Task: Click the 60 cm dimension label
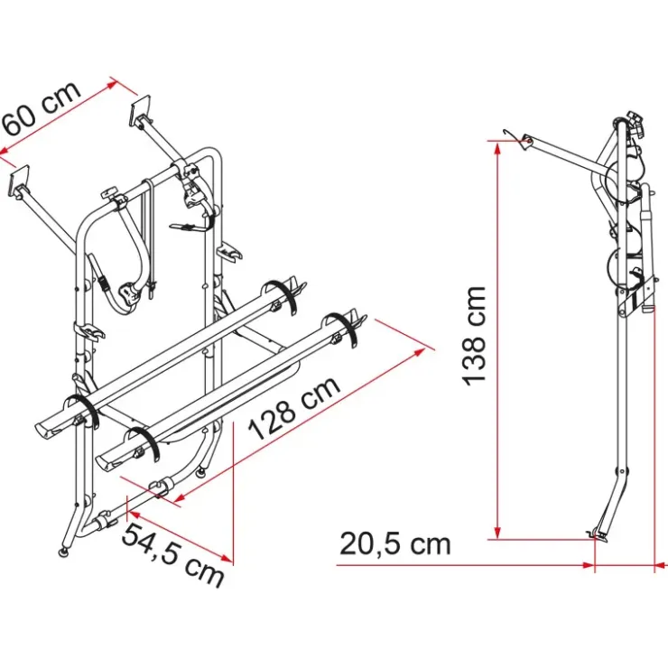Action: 42,107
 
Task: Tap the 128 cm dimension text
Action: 295,408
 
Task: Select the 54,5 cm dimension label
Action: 172,555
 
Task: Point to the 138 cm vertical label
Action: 475,336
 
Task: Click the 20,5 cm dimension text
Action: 394,544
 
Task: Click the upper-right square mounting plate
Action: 141,110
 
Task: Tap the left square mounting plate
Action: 19,181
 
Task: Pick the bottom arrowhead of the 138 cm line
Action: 496,533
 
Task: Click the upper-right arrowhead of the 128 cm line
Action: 419,352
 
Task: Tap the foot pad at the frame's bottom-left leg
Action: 63,552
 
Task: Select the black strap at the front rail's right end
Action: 342,330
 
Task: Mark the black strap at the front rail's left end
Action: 143,442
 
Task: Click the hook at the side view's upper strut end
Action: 511,133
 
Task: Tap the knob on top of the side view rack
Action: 634,117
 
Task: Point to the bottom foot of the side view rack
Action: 597,533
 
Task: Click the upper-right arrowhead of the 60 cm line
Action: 110,85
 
